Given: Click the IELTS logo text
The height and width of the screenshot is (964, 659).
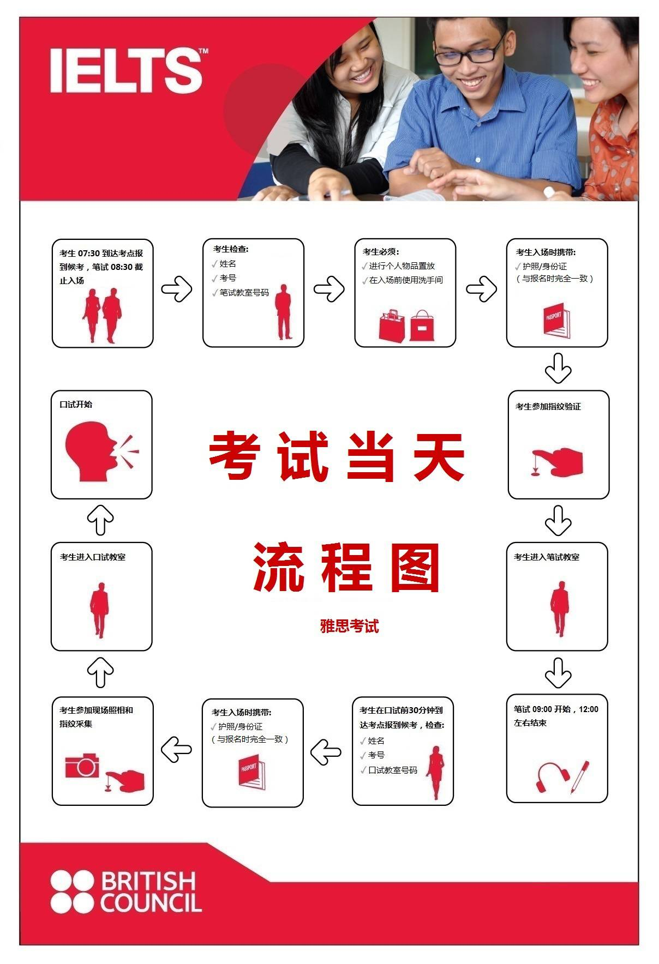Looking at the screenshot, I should tap(126, 70).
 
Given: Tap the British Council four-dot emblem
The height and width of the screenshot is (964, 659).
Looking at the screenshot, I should tap(72, 891).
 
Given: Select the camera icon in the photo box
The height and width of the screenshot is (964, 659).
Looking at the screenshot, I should tap(82, 766).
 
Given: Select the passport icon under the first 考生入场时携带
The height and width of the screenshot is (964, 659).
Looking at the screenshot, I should tap(557, 321).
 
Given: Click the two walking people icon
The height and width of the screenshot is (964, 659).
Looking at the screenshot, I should tap(102, 315).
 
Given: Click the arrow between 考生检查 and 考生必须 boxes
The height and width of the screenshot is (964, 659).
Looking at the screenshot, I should tap(329, 289).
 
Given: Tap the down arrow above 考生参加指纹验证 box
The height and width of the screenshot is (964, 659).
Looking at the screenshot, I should tap(558, 369).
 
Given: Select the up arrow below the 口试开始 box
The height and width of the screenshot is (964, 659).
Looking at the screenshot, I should tap(100, 520).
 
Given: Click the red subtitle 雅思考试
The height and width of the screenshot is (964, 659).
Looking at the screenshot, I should tap(349, 626).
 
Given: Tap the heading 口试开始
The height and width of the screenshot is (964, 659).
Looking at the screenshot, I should tap(76, 405).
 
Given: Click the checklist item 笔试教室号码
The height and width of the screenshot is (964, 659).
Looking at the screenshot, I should tap(244, 293).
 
